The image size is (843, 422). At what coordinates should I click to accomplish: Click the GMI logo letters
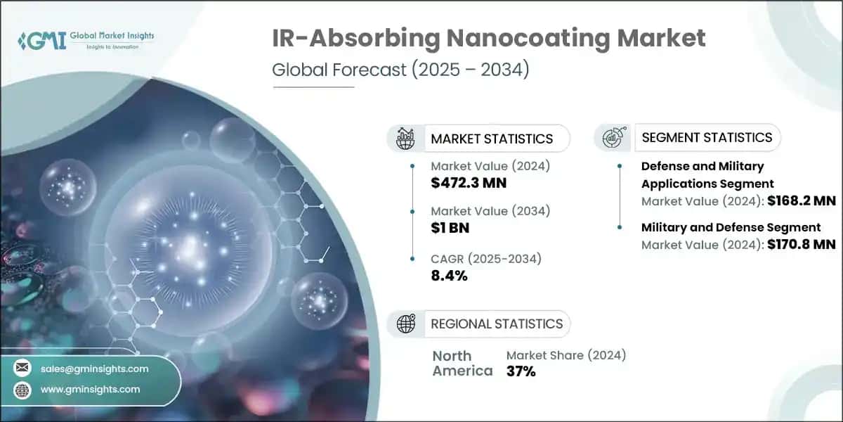(42, 40)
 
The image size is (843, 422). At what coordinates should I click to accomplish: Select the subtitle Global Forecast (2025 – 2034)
(400, 70)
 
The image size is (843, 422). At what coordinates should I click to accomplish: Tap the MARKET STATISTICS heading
(492, 139)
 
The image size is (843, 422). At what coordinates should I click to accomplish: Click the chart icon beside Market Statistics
(406, 139)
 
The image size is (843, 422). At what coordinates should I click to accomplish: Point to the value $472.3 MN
(469, 184)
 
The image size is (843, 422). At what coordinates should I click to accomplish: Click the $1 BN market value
(450, 228)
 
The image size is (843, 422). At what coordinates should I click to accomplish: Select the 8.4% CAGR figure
(448, 275)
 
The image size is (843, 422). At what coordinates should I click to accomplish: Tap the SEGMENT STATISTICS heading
(707, 137)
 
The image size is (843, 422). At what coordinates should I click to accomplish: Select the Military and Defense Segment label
(731, 227)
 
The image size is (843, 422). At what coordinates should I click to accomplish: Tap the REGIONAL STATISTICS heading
(497, 324)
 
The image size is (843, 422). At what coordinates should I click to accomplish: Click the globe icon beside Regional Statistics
(406, 324)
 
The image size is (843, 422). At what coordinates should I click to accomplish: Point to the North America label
(462, 363)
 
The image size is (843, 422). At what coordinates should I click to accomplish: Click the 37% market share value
(521, 371)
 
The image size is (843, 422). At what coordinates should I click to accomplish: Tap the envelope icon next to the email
(22, 368)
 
